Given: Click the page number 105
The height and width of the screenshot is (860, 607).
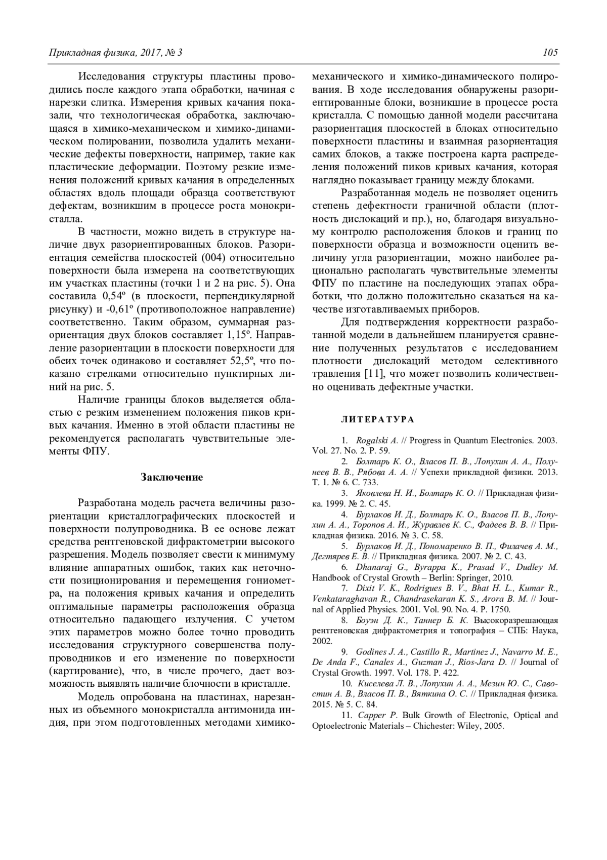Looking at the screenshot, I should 550,53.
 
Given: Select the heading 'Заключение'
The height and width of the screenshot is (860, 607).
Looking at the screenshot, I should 171,477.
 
